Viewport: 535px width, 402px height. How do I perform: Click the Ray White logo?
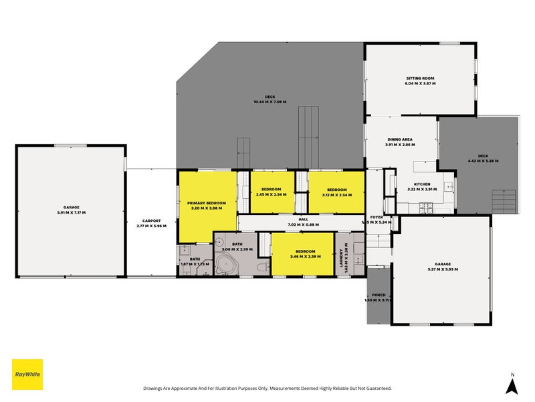(x=27, y=375)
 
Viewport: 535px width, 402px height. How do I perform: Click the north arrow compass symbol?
(x=512, y=385)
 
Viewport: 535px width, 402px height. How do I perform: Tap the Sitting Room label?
(x=420, y=78)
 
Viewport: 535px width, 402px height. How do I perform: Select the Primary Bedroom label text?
(x=206, y=202)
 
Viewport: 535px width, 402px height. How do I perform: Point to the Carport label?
(x=150, y=220)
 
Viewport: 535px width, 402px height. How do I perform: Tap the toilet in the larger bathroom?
(x=262, y=267)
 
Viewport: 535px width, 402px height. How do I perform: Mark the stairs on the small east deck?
(x=504, y=201)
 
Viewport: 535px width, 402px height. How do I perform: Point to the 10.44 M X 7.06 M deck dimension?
(x=270, y=102)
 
